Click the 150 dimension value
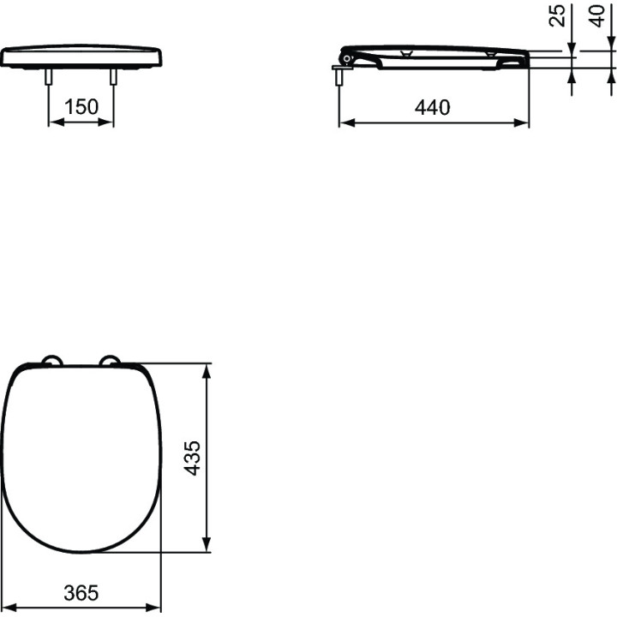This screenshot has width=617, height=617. coord(81,106)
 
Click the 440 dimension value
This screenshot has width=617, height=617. coord(432,107)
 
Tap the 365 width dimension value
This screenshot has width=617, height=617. coord(81,593)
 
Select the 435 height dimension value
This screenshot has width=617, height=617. coord(193,458)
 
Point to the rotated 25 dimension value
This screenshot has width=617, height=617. coord(557,15)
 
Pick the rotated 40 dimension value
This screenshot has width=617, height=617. coord(596,15)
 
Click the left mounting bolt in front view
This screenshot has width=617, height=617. coord(48,77)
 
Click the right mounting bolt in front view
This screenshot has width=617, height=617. coord(113,77)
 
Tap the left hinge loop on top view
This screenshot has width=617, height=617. coord(52,360)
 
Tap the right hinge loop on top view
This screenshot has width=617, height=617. coord(110,360)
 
